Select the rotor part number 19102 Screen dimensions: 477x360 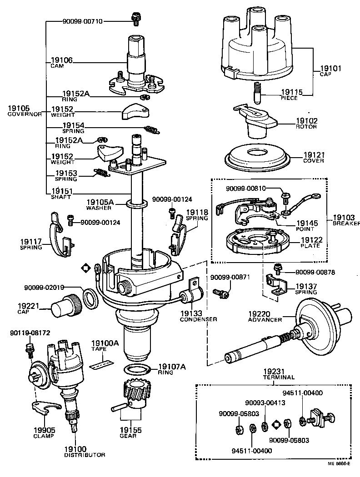click(307, 122)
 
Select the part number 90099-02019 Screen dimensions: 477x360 click(44, 287)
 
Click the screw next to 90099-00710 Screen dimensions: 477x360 click(135, 18)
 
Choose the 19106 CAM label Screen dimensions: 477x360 click(61, 62)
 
